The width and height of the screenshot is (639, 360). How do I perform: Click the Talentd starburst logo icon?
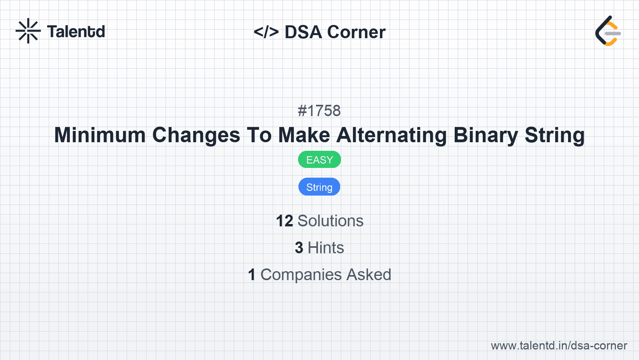(28, 31)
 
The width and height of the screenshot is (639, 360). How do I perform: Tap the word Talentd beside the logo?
(76, 32)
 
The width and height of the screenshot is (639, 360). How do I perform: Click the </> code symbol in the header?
(266, 32)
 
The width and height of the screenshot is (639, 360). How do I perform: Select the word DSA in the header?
(304, 32)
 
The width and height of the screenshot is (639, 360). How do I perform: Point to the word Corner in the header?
(357, 32)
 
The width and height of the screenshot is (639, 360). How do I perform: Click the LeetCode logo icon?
(608, 31)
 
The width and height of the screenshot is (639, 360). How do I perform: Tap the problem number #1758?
(319, 111)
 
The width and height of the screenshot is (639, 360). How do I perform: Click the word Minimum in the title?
(100, 135)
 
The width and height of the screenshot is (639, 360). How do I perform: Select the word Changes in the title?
(196, 135)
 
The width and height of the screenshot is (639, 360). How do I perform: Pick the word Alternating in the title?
(392, 135)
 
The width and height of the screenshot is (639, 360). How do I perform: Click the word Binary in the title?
(485, 135)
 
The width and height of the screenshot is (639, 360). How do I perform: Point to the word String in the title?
(554, 135)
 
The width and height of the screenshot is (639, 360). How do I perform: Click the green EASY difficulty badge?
(319, 160)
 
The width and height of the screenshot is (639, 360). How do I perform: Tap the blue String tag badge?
(319, 187)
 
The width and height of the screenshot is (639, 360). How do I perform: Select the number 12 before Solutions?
(284, 221)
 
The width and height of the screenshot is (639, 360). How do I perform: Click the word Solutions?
(330, 221)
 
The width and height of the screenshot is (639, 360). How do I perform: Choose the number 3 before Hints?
(299, 248)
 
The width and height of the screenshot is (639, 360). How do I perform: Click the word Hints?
(326, 248)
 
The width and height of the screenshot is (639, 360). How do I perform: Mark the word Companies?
(301, 275)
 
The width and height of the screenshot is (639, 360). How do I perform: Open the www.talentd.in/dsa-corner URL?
(559, 346)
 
